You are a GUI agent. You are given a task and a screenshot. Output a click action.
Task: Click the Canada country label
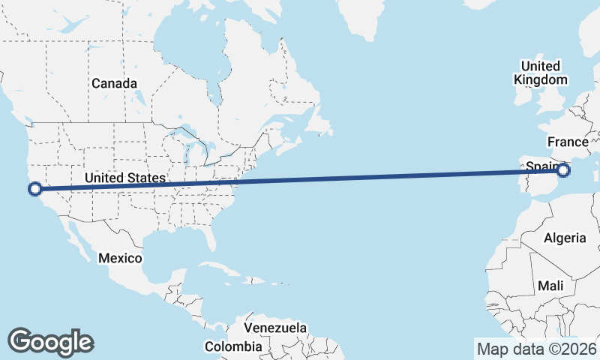[114, 83]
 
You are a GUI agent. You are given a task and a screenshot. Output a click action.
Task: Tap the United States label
[124, 178]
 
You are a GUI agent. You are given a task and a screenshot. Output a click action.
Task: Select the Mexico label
[120, 258]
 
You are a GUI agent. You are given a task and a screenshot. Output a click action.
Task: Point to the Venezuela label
[276, 328]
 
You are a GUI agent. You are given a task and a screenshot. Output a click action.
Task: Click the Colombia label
[233, 346]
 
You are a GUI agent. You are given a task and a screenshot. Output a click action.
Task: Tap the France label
[568, 142]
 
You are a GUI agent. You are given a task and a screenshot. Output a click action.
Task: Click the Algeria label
[565, 238]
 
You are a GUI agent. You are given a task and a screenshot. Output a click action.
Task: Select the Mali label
[550, 286]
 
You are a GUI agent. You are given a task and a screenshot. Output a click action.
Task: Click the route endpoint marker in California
[34, 188]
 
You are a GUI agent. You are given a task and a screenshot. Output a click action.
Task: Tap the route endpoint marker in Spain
[564, 171]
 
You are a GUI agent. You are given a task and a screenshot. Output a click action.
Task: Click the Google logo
[50, 341]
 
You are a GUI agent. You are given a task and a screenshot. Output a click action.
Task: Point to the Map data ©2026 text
[536, 349]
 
